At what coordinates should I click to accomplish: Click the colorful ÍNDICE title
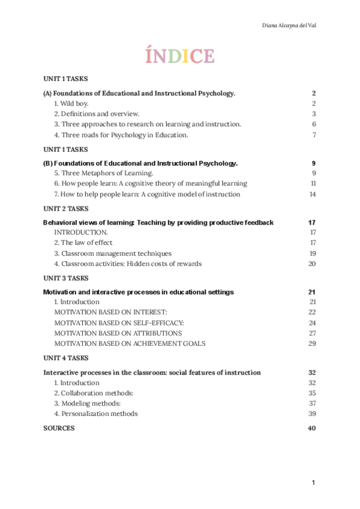[x=180, y=56]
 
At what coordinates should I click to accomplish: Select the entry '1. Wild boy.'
[x=71, y=104]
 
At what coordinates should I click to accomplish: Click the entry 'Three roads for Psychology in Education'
[x=121, y=134]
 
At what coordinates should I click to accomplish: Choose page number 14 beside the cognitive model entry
[x=313, y=194]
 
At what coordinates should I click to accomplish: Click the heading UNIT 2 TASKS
[x=66, y=209]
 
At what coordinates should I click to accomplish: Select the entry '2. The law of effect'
[x=83, y=243]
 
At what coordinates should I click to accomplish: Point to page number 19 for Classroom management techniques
[x=312, y=253]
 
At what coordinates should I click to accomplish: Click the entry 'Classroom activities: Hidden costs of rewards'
[x=128, y=264]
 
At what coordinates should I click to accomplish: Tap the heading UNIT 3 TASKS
[x=66, y=279]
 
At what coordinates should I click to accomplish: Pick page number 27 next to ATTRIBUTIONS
[x=312, y=333]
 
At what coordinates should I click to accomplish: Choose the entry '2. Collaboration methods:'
[x=94, y=393]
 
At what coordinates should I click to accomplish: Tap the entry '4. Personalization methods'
[x=96, y=414]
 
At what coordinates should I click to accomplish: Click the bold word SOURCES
[x=59, y=428]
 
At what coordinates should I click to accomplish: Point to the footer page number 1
[x=313, y=483]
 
